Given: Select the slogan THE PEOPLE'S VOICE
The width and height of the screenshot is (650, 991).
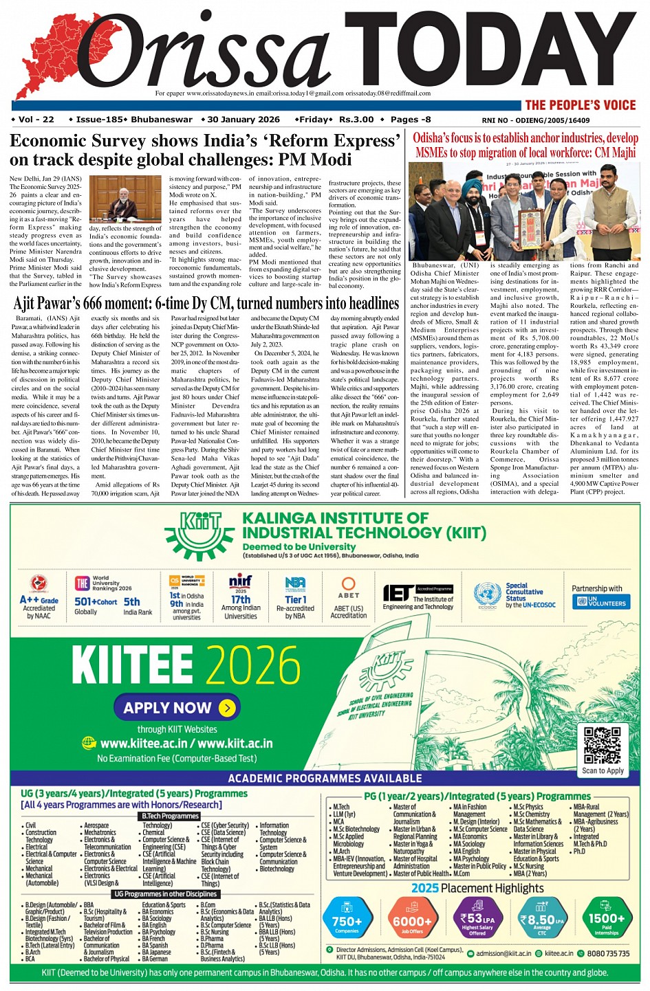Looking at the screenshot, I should coord(581,105).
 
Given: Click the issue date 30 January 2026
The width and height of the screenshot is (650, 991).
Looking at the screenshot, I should coord(243,120).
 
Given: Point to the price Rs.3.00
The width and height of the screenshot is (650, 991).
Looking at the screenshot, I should coord(356,120).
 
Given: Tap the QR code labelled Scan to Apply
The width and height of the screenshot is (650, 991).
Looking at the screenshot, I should coord(603,745).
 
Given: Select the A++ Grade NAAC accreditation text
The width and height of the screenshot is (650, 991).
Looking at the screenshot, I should coord(39,600).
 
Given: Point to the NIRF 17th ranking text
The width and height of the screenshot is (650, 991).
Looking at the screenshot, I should coord(241,599).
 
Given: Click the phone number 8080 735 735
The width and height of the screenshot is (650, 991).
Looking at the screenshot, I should coord(608,953).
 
